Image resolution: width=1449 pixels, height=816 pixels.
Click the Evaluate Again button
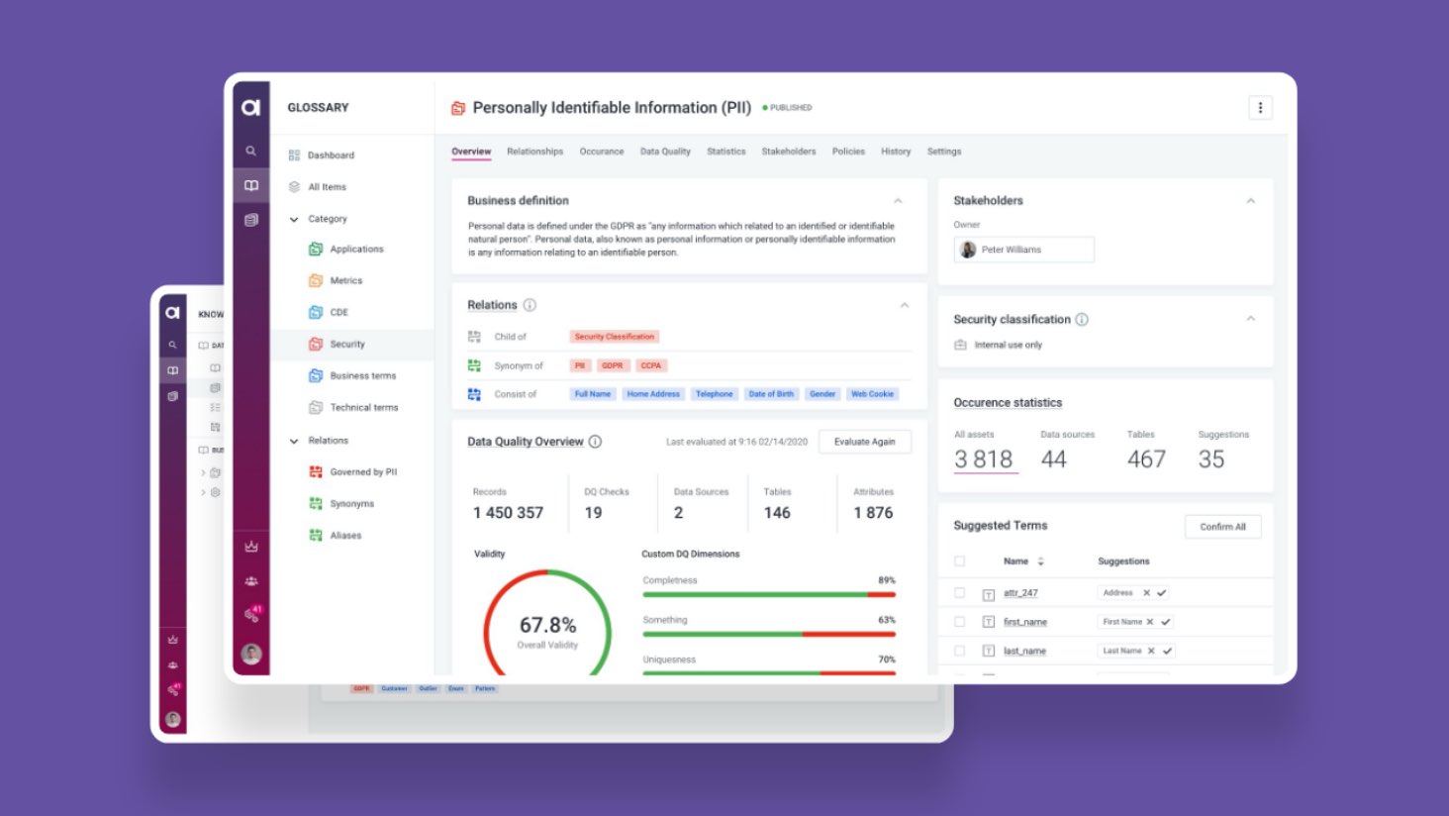pos(864,442)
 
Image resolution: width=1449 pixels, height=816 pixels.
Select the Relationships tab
pos(534,152)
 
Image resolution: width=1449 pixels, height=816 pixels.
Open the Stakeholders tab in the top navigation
pos(788,152)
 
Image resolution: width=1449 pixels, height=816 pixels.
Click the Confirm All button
pos(1222,527)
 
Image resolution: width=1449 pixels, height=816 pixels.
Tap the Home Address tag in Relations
pos(652,394)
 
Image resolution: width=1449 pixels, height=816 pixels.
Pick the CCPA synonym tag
pos(650,365)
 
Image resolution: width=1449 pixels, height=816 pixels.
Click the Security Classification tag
pos(614,337)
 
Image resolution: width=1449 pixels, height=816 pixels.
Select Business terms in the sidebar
pos(362,376)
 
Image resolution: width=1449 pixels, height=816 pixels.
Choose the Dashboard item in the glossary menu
pos(331,155)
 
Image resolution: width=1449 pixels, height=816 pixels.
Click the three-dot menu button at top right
pos(1260,108)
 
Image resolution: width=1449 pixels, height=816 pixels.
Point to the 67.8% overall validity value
pos(547,626)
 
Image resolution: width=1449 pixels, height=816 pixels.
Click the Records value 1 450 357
pos(508,513)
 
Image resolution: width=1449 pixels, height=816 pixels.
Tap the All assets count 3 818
pos(983,459)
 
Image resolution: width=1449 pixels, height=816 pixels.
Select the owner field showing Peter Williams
pos(1023,250)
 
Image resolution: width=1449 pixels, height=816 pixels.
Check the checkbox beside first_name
pos(959,622)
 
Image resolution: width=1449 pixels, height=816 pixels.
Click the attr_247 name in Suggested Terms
pos(1020,593)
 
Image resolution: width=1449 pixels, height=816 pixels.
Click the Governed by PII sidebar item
pos(363,472)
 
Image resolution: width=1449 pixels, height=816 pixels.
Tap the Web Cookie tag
pos(872,394)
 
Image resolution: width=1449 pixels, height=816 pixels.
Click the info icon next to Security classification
pos(1082,320)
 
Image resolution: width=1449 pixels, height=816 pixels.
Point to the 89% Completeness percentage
pos(886,580)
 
